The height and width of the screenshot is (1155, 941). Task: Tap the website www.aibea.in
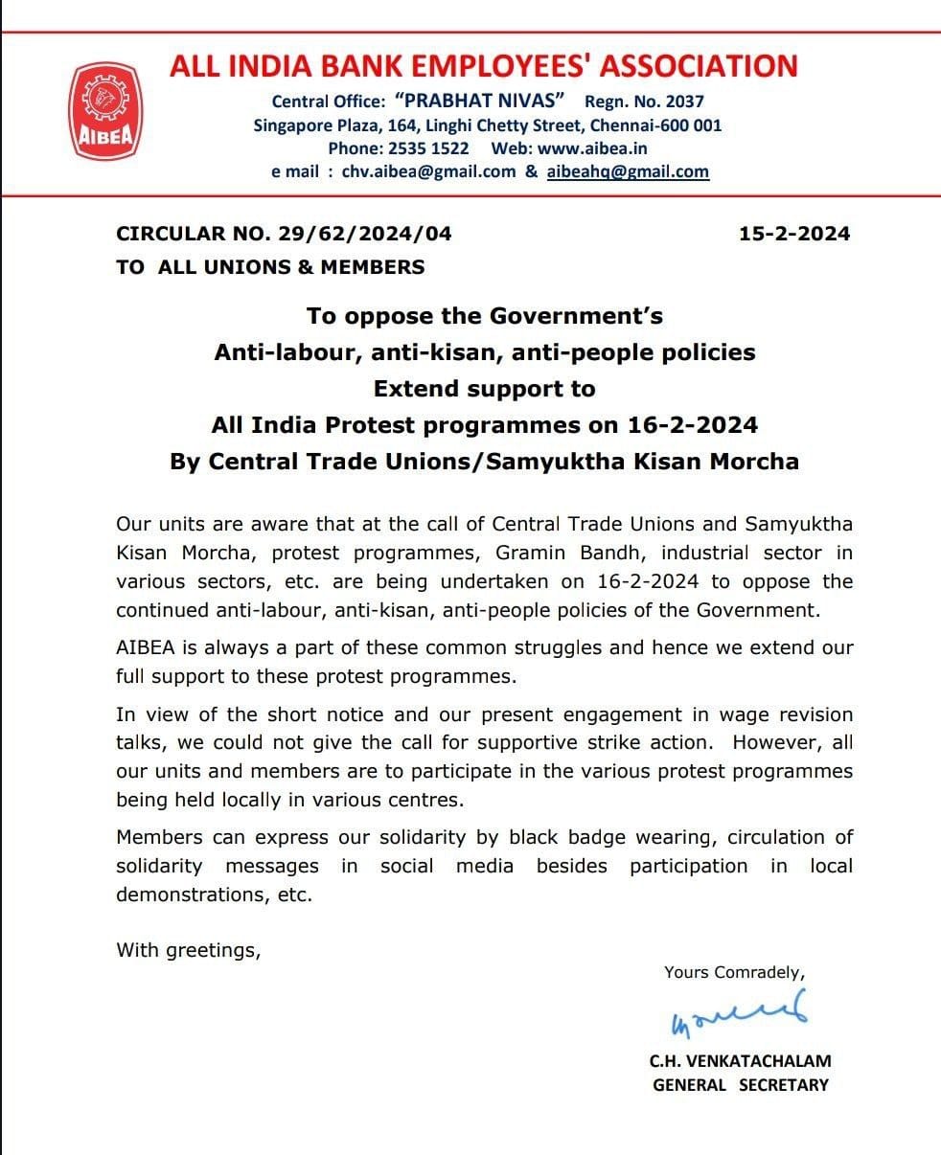592,148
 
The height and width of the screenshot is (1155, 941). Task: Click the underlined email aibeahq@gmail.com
628,171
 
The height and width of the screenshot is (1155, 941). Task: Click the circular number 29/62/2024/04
365,234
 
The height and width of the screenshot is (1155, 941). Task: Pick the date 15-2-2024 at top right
794,234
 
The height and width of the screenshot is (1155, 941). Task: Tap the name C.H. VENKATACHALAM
740,1060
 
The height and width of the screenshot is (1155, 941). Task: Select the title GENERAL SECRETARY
740,1085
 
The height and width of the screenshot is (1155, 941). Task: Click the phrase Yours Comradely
734,972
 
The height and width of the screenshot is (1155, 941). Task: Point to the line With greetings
189,950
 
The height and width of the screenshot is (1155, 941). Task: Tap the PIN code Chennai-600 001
655,125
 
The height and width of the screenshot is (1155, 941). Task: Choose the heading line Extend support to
484,389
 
